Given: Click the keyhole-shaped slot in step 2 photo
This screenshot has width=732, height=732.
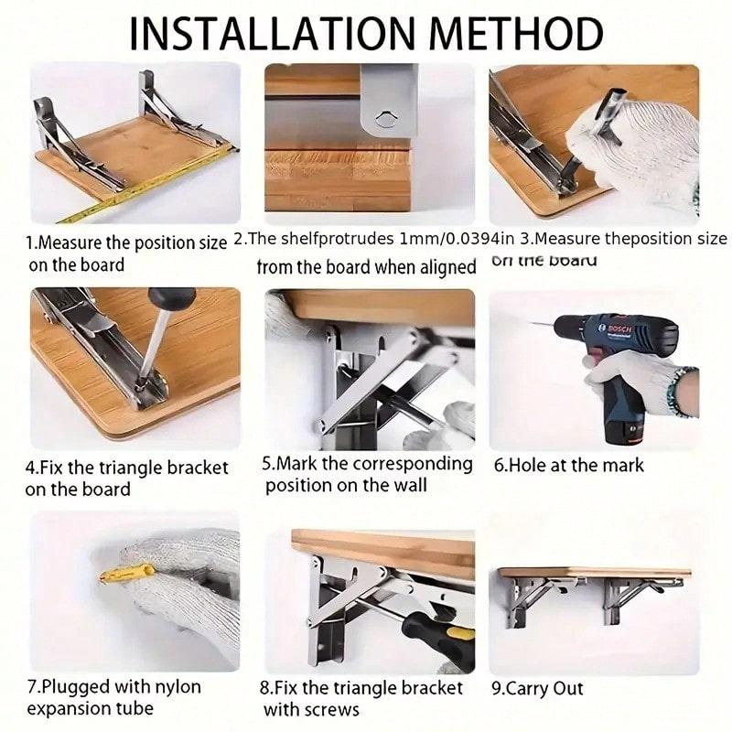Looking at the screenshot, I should click(385, 117).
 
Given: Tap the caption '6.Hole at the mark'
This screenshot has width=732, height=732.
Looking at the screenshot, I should click(568, 465).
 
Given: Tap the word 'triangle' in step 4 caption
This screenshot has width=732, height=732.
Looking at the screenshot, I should click(143, 468).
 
